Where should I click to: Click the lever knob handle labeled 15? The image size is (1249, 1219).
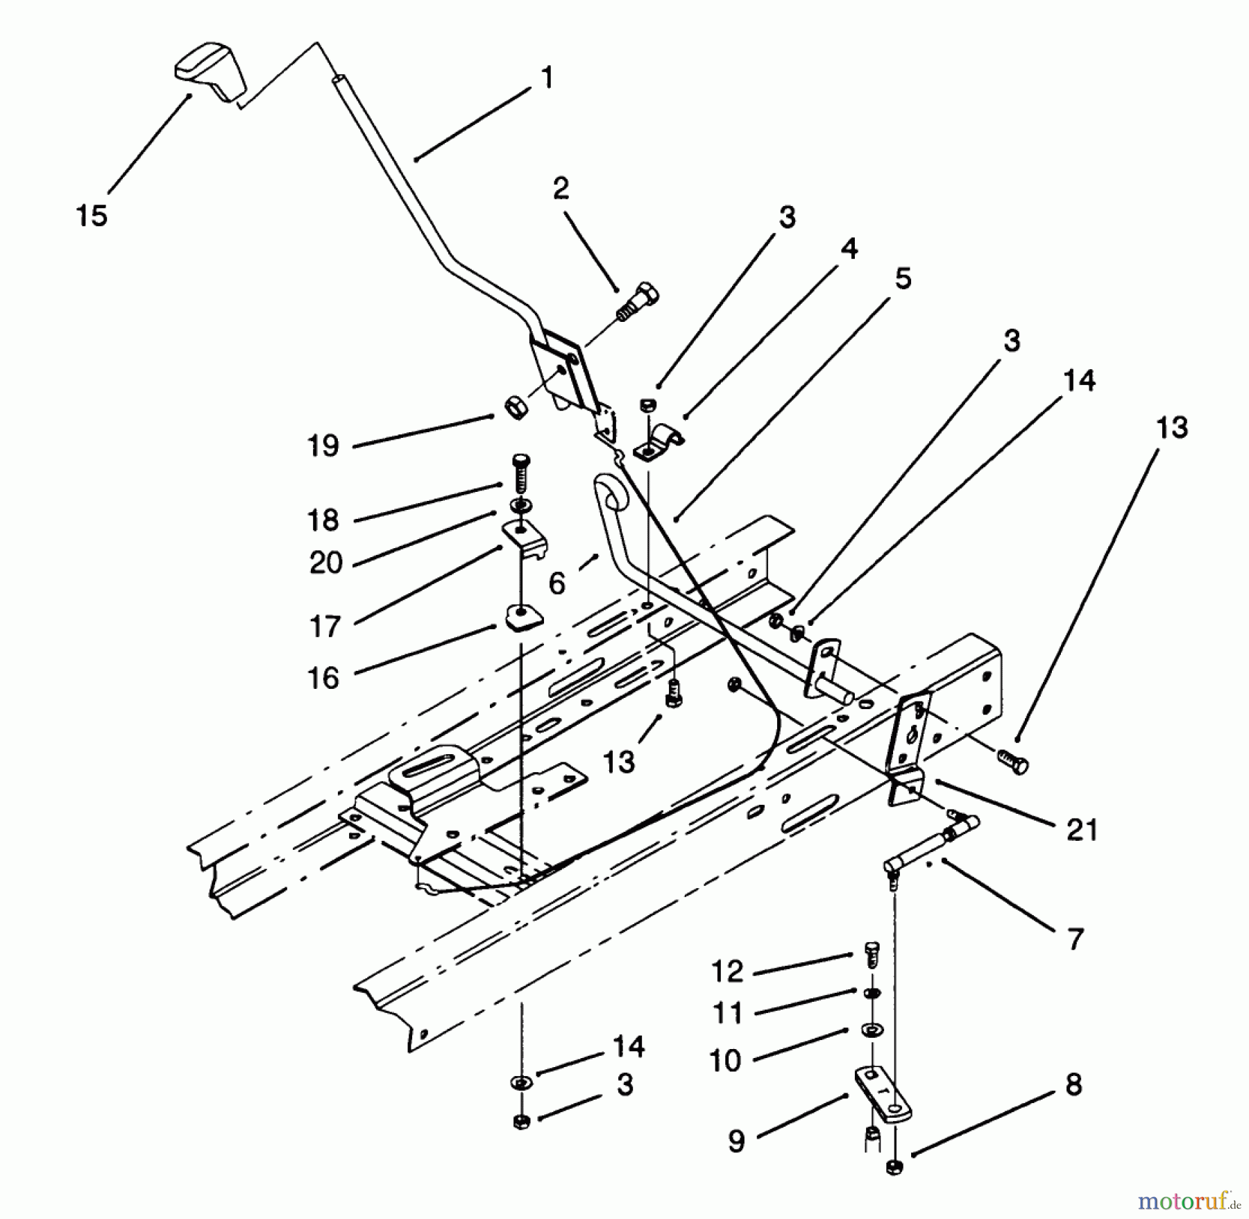click(210, 71)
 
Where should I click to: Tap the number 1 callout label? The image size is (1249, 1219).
click(547, 78)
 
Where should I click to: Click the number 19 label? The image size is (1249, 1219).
click(323, 445)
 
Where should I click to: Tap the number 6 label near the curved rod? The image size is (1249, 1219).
click(557, 583)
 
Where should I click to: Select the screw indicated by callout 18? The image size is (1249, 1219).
click(520, 472)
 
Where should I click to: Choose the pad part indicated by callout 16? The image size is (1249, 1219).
click(522, 617)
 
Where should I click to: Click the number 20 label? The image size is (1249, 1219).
click(326, 562)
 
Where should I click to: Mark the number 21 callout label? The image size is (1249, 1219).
click(1082, 830)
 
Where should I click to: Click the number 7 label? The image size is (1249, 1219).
click(1075, 939)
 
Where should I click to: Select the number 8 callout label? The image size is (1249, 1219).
click(1073, 1084)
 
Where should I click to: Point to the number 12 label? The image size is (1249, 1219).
click(727, 971)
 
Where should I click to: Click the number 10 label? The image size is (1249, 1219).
click(725, 1061)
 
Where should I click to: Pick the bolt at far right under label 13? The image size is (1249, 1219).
click(1014, 762)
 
